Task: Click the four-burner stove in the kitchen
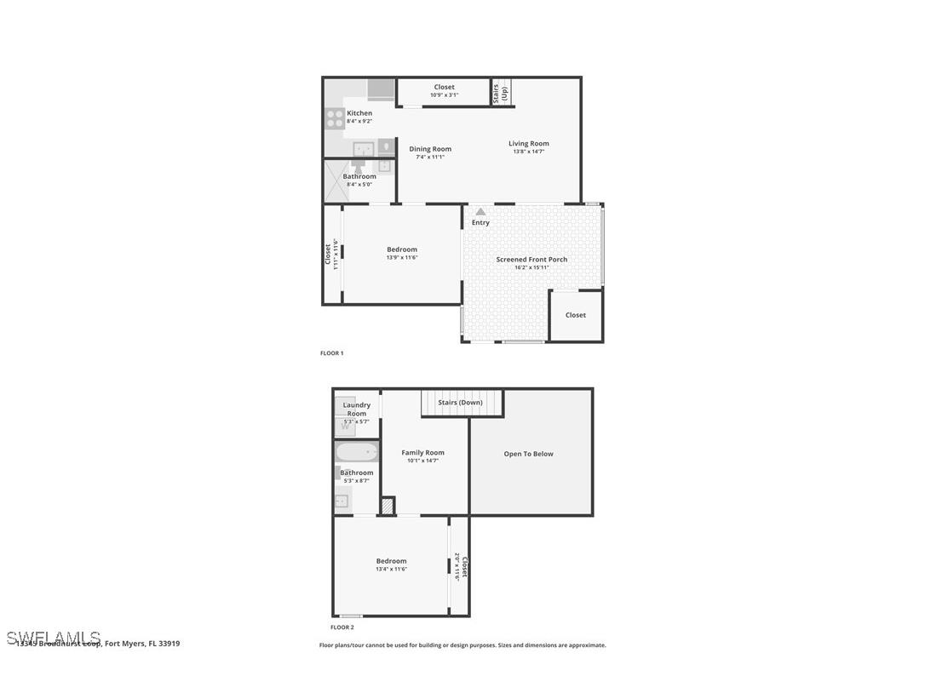pyautogui.click(x=335, y=117)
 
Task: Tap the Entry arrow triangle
pyautogui.click(x=480, y=212)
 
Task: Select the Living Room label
pyautogui.click(x=528, y=143)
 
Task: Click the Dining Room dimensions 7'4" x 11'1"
pyautogui.click(x=430, y=157)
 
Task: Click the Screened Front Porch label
pyautogui.click(x=531, y=259)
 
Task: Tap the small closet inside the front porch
pyautogui.click(x=576, y=315)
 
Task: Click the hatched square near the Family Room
pyautogui.click(x=388, y=506)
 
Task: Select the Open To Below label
pyautogui.click(x=528, y=454)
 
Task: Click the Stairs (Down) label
pyautogui.click(x=460, y=402)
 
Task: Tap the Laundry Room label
pyautogui.click(x=356, y=409)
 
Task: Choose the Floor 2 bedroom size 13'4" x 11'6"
pyautogui.click(x=391, y=569)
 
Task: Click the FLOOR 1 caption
pyautogui.click(x=331, y=352)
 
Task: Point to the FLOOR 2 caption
pyautogui.click(x=342, y=627)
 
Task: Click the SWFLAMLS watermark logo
pyautogui.click(x=53, y=638)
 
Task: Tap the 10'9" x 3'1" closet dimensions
pyautogui.click(x=444, y=94)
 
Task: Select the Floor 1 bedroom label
pyautogui.click(x=402, y=249)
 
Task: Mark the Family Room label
pyautogui.click(x=422, y=453)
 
